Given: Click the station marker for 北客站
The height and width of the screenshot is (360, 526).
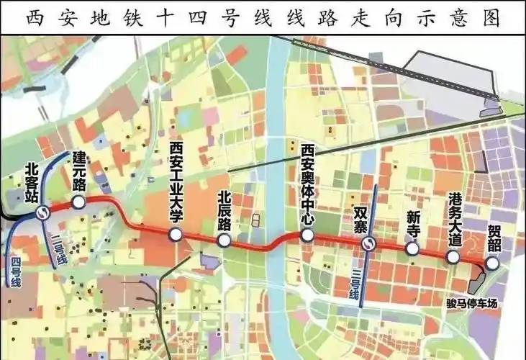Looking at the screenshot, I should click(x=44, y=212).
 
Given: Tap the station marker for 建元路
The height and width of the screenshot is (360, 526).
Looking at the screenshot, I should click(x=79, y=203).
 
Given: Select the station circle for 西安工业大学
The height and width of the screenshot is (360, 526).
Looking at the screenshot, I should click(x=174, y=234).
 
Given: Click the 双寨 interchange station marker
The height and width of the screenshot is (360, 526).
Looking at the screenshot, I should click(x=368, y=243).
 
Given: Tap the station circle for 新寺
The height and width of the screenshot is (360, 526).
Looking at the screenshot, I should click(x=412, y=248).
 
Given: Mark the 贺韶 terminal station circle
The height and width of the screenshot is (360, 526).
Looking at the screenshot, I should click(x=492, y=264).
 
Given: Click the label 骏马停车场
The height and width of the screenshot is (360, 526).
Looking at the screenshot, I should click(x=472, y=302).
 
